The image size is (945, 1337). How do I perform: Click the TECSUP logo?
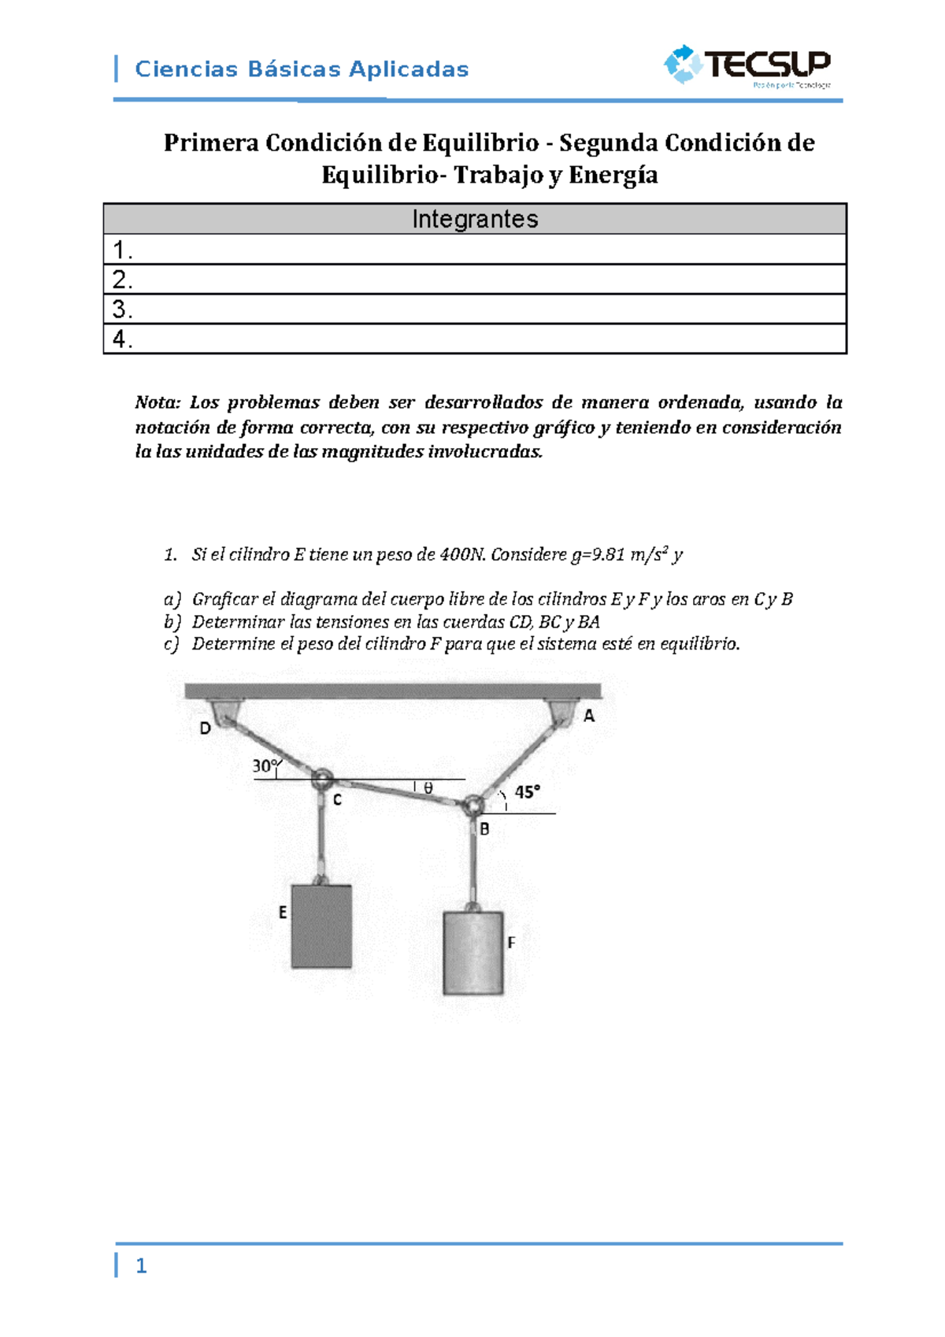pos(748,65)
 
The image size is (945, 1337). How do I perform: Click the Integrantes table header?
pos(475,219)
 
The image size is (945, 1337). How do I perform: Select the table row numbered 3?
pos(475,309)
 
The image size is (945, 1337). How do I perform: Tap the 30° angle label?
pos(265,765)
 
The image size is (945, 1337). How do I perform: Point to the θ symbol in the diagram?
pos(428,788)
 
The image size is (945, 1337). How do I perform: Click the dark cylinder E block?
pos(321,926)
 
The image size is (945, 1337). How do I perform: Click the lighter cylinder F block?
pos(473,954)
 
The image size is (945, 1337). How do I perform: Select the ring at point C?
pos(321,780)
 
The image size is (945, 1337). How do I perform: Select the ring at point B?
pos(472,806)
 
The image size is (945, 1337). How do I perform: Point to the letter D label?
pos(205,728)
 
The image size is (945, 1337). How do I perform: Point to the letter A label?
pos(589,717)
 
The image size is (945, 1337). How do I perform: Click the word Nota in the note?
pos(157,402)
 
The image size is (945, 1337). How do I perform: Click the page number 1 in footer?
pos(141,1265)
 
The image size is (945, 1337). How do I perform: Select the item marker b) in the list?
pos(172,622)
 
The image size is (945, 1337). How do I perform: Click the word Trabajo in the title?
pos(498,175)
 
